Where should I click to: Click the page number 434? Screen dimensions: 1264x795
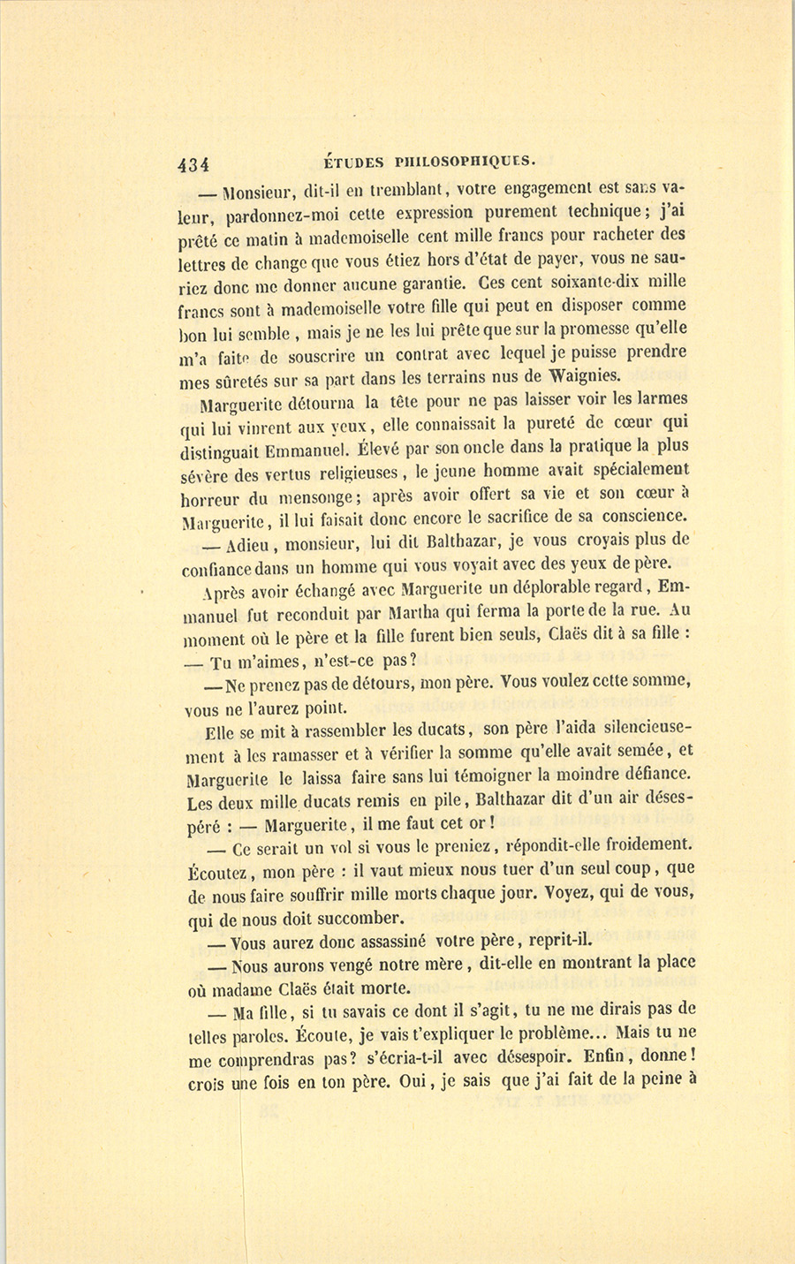(193, 164)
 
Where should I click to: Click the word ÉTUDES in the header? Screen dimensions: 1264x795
(354, 161)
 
